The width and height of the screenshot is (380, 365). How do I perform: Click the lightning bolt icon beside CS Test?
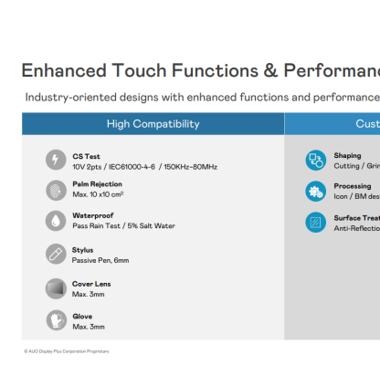pyautogui.click(x=55, y=160)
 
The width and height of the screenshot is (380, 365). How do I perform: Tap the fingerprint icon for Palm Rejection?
pyautogui.click(x=55, y=190)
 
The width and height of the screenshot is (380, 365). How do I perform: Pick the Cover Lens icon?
pyautogui.click(x=55, y=288)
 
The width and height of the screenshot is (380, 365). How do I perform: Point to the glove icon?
pyautogui.click(x=55, y=320)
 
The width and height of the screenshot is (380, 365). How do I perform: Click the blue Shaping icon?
pyautogui.click(x=315, y=161)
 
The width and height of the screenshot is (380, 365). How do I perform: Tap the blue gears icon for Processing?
pyautogui.click(x=315, y=191)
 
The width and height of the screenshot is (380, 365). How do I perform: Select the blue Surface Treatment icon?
pyautogui.click(x=315, y=222)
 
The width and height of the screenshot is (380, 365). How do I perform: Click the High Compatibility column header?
pyautogui.click(x=153, y=123)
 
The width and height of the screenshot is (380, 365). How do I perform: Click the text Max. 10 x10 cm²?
pyautogui.click(x=98, y=194)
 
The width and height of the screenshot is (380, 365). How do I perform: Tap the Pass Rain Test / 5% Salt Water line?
pyautogui.click(x=123, y=225)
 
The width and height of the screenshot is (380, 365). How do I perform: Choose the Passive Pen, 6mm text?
pyautogui.click(x=100, y=260)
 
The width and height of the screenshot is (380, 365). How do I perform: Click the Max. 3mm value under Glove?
pyautogui.click(x=89, y=327)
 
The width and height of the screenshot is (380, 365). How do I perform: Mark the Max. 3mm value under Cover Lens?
pyautogui.click(x=89, y=294)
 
